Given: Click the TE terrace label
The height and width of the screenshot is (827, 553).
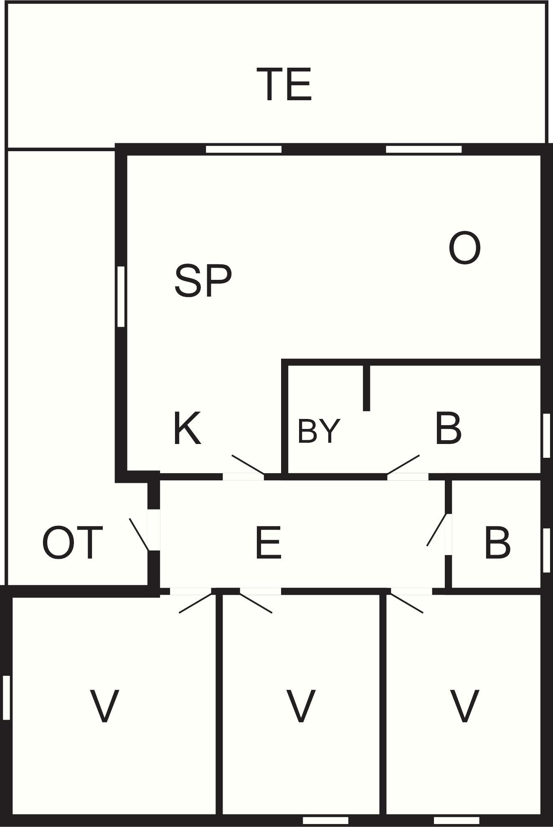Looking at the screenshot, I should pyautogui.click(x=284, y=85).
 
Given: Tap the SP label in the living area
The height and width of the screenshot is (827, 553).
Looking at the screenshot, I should pyautogui.click(x=203, y=281).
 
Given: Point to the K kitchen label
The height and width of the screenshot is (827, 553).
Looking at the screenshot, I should pyautogui.click(x=187, y=429).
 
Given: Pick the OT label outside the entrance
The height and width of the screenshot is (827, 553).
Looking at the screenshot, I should pyautogui.click(x=72, y=543).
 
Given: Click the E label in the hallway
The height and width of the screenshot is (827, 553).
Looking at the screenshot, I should pyautogui.click(x=269, y=543).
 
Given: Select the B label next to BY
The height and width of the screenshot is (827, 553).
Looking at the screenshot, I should pyautogui.click(x=448, y=429).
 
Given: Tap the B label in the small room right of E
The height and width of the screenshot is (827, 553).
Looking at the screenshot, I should pyautogui.click(x=497, y=543).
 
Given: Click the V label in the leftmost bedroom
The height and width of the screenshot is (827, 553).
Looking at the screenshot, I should pyautogui.click(x=104, y=706).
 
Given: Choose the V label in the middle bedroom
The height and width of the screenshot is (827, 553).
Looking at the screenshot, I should pyautogui.click(x=301, y=706).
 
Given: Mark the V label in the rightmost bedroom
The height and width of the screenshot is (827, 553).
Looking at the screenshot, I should pyautogui.click(x=464, y=706).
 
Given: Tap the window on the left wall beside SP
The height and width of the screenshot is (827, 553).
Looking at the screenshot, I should pyautogui.click(x=121, y=296).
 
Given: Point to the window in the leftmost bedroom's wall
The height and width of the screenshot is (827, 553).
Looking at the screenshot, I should pyautogui.click(x=6, y=698).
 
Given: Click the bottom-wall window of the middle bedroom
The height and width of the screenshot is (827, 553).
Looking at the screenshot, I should pyautogui.click(x=325, y=820).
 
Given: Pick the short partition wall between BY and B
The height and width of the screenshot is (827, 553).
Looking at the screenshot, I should pyautogui.click(x=366, y=388).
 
